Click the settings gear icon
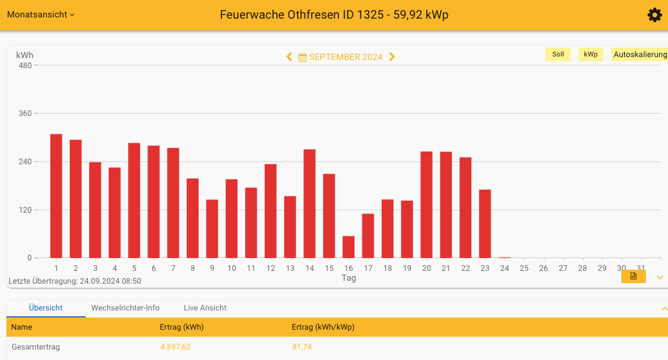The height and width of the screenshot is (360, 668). pos(655,15)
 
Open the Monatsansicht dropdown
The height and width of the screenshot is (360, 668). pos(41,15)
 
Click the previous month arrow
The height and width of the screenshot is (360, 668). pos(289,57)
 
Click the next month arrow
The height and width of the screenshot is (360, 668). pos(392,57)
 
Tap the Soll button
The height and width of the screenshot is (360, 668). pos(558,54)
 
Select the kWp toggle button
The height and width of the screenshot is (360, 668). pos(591,54)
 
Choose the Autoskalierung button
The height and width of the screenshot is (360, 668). pos(639,54)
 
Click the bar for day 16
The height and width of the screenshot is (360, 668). pos(348,247)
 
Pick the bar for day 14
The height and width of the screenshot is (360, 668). pos(309,203)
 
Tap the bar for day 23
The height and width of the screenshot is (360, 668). pos(485,224)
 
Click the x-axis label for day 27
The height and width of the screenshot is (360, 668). pos(563,269)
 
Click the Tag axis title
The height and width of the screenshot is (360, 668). pos(348,278)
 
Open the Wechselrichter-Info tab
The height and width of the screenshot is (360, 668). pos(125,308)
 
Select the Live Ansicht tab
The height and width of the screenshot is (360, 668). pos(205,308)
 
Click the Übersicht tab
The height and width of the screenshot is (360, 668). pos(46,308)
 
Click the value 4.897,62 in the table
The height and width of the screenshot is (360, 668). pos(175,347)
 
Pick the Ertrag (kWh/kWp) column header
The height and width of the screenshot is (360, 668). pos(323,327)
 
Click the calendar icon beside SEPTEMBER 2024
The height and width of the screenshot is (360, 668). pos(302,57)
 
